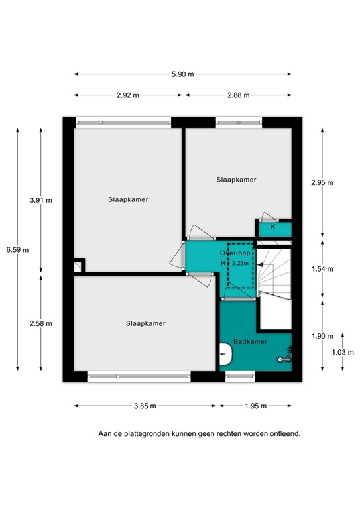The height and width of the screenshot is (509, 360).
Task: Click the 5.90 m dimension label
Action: tap(183, 74)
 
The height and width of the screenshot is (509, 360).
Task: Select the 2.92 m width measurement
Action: tap(127, 95)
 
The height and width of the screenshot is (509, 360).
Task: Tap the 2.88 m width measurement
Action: tap(237, 95)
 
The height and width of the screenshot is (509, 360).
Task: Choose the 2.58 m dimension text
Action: tap(41, 323)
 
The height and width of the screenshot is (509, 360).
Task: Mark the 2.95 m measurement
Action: tap(322, 183)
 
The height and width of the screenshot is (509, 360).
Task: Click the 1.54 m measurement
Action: tap(322, 269)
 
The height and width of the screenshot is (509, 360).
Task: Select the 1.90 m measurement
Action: tap(322, 336)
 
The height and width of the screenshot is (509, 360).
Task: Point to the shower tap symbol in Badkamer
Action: tap(284, 359)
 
